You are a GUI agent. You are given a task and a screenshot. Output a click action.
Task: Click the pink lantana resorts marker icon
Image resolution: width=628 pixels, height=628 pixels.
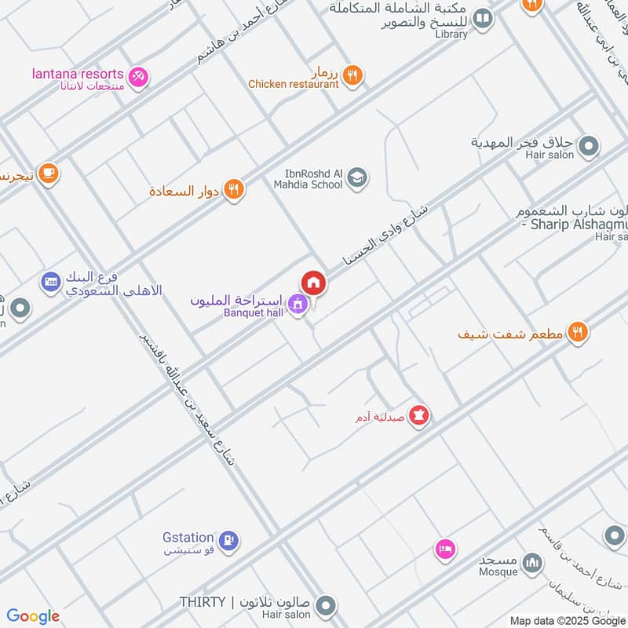point(138,77)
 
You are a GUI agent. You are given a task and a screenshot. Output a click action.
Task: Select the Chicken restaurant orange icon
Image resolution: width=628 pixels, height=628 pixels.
point(352,75)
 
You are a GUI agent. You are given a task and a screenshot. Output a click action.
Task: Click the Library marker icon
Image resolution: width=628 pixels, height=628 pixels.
point(483,19)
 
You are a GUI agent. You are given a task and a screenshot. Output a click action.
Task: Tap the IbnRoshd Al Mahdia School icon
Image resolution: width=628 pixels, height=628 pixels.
point(357,178)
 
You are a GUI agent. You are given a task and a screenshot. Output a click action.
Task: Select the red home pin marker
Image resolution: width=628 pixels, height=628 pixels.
point(313,283)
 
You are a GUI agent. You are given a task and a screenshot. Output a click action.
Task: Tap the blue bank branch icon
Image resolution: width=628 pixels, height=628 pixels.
point(51,281)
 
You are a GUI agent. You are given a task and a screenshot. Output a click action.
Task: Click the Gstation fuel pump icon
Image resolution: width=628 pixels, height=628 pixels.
point(229,540)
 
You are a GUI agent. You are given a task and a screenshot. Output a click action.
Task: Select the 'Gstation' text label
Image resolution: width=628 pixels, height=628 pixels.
point(188,538)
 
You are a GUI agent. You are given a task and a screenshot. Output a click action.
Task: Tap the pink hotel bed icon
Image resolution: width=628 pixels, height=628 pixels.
point(444,549)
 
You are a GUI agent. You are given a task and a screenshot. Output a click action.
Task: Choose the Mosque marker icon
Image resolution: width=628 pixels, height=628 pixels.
point(532,563)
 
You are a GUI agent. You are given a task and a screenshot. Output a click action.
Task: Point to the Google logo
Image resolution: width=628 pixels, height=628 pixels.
point(33,616)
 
